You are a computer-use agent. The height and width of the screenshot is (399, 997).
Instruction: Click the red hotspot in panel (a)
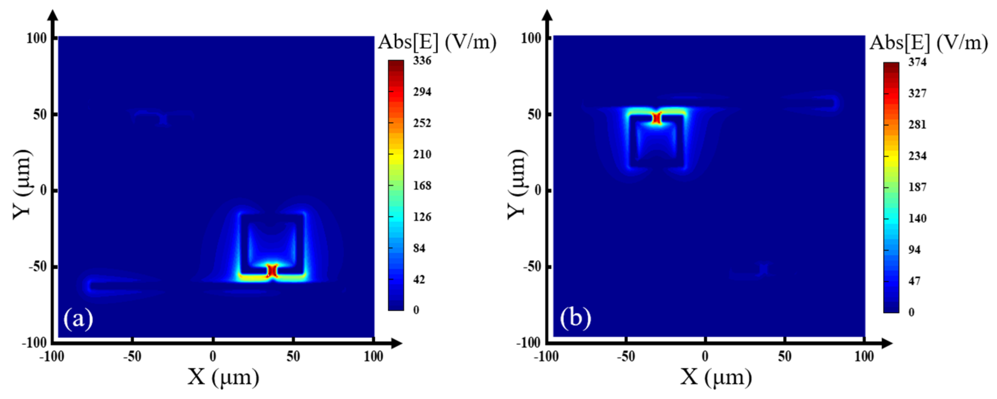272,270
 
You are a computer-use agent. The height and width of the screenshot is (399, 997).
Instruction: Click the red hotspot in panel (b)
657,118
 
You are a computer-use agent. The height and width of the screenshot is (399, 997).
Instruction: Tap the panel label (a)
78,318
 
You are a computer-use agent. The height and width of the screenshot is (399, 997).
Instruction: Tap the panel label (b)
575,318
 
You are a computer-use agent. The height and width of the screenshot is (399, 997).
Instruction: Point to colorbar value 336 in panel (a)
422,60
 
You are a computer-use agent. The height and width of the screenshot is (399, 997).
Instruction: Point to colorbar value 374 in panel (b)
917,62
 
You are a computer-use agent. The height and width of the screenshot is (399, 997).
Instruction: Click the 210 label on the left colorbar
422,155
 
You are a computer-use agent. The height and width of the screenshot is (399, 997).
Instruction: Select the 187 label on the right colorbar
917,187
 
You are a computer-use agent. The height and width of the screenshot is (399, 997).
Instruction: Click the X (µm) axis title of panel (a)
223,377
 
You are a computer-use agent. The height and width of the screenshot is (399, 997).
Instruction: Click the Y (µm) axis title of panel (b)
517,184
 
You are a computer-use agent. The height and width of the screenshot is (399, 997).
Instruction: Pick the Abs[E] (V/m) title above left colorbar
437,42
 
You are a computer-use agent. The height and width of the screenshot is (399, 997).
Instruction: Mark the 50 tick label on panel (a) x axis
293,356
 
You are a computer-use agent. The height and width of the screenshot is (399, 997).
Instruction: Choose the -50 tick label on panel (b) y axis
531,267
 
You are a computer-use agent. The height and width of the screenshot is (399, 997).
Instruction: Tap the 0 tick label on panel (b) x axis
705,356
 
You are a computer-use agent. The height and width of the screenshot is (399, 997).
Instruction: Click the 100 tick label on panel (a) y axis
36,38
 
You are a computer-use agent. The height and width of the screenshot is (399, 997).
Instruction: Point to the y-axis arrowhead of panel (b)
547,15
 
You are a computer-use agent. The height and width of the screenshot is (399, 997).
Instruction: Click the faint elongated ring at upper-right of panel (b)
811,103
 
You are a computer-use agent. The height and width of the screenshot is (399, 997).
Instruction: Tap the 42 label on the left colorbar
419,280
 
